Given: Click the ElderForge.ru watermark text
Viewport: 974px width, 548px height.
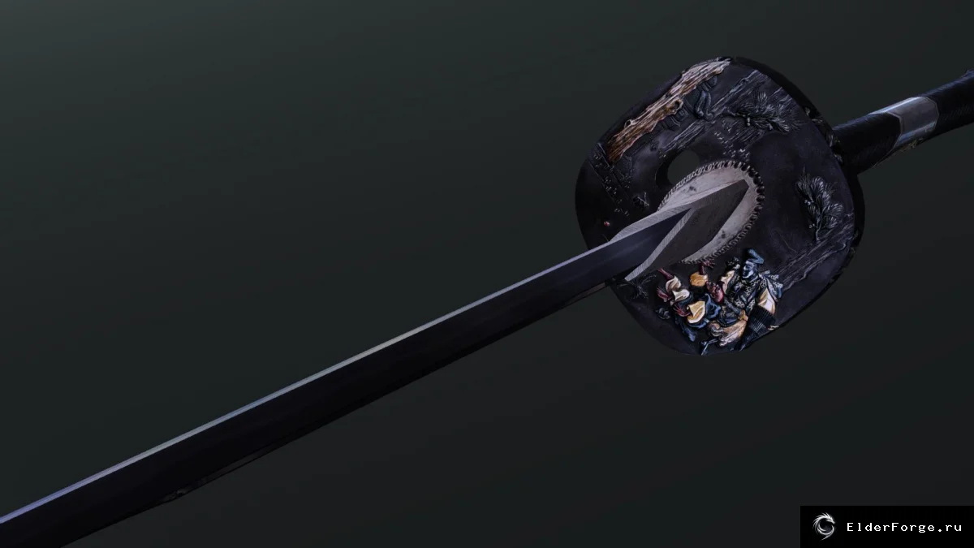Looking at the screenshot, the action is click(904, 528).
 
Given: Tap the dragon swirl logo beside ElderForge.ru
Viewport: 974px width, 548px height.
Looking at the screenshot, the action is click(824, 527).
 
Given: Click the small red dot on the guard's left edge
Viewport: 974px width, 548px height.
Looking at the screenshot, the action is click(607, 223).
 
